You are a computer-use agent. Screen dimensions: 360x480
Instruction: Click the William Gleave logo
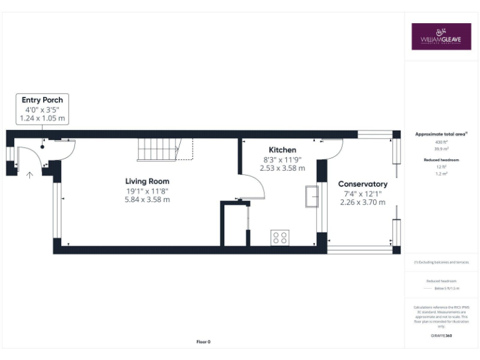click(441, 36)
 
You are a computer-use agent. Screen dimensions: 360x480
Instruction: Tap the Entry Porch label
click(42, 100)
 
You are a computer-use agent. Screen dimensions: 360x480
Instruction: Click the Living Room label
click(146, 181)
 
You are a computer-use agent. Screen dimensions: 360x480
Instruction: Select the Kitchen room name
click(282, 150)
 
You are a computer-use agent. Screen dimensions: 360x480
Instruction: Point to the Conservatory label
click(362, 184)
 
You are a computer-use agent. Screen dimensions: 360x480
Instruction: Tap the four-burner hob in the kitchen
click(280, 237)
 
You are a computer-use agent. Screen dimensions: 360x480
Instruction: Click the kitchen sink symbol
click(311, 196)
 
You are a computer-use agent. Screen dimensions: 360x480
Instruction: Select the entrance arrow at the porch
click(29, 175)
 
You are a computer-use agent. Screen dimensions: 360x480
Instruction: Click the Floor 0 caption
click(204, 341)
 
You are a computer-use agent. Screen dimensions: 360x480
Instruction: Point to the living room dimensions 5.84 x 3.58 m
click(146, 199)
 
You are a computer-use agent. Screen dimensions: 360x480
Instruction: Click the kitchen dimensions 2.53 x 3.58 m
click(282, 168)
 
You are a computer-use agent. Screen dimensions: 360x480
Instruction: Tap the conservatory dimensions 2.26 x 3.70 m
click(362, 202)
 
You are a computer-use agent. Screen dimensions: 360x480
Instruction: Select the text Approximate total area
click(441, 134)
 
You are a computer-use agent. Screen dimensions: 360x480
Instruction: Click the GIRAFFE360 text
click(441, 336)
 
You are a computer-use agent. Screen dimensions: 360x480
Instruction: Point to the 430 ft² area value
click(441, 142)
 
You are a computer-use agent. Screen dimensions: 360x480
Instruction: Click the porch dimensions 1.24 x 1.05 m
click(42, 117)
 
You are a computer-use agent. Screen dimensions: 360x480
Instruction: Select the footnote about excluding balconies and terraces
click(441, 262)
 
